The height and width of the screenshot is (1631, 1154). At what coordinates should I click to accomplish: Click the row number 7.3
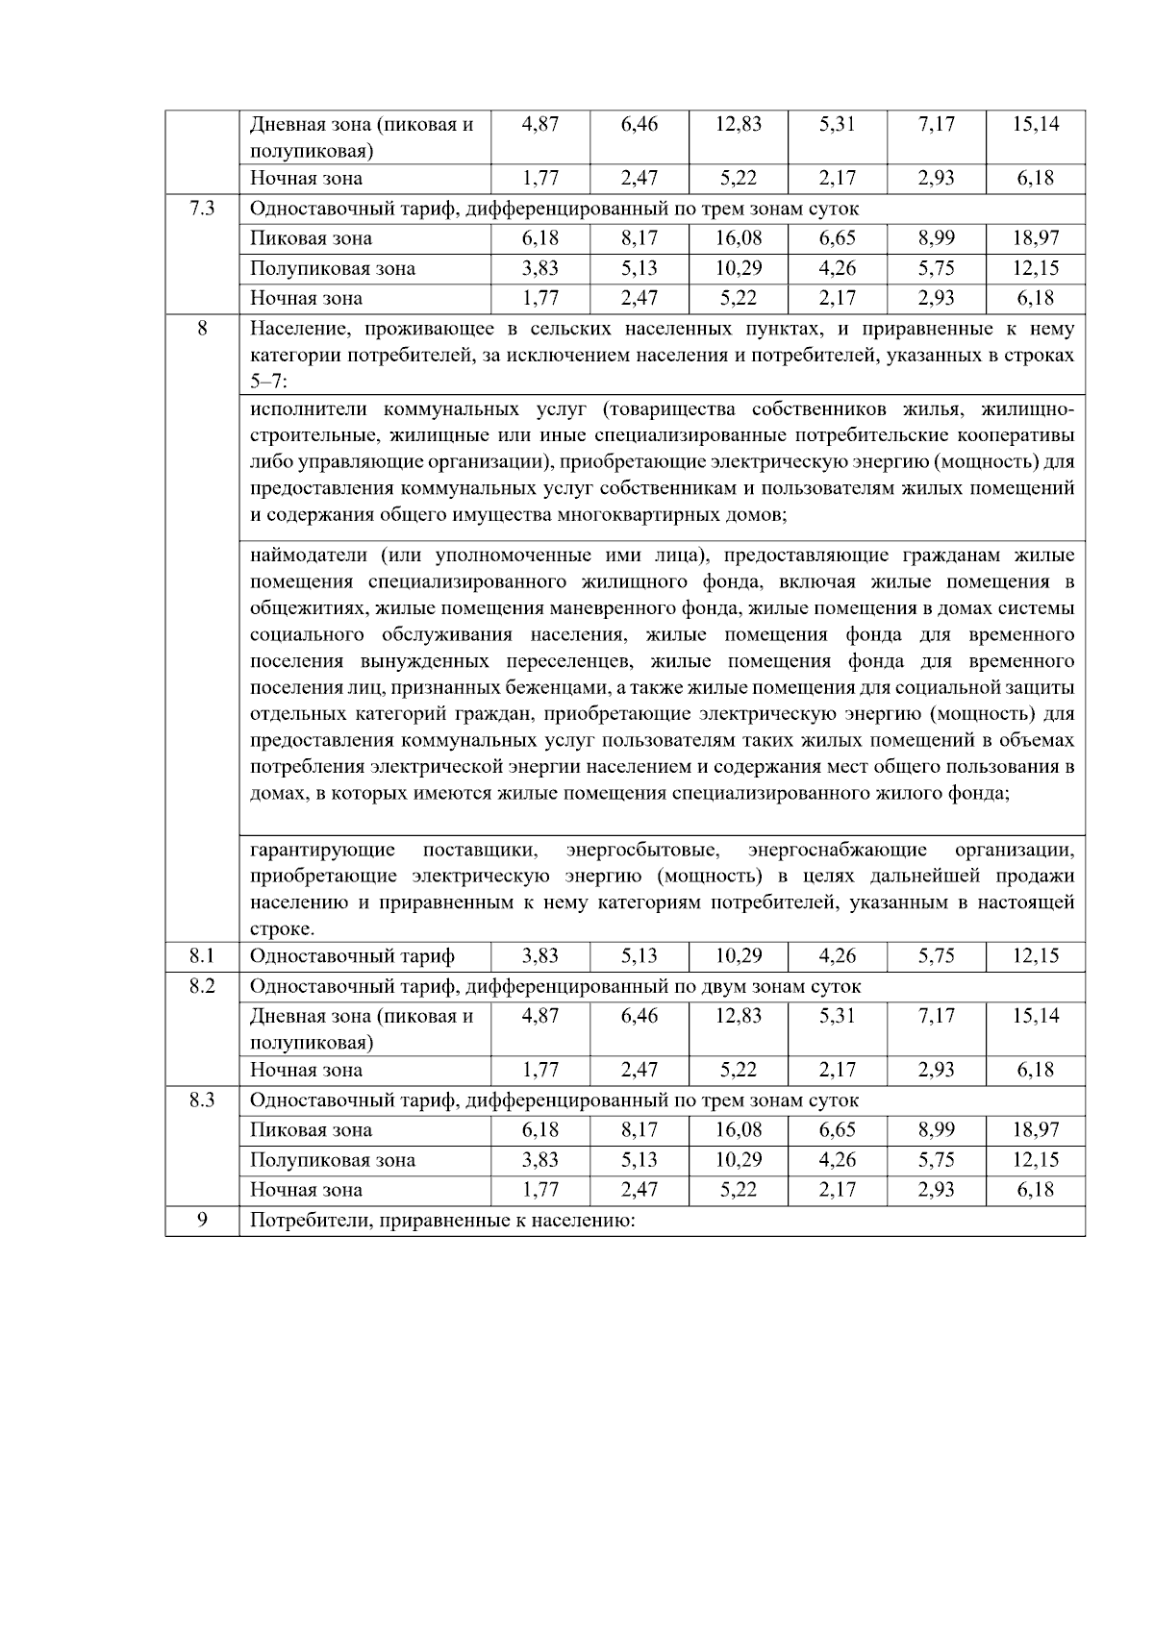click(202, 209)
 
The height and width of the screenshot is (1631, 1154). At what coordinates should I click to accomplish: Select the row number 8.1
click(202, 956)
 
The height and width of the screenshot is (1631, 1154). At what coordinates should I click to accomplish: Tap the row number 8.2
click(202, 986)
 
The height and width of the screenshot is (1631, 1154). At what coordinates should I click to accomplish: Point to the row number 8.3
click(202, 1100)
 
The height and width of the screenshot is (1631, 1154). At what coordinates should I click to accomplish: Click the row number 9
click(202, 1221)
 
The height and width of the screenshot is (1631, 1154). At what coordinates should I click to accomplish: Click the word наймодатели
click(309, 556)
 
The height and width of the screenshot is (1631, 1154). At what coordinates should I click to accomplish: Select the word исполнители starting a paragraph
click(309, 409)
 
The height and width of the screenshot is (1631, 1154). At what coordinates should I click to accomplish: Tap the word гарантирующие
click(322, 850)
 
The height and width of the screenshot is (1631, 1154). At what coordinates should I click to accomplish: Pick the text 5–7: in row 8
click(268, 382)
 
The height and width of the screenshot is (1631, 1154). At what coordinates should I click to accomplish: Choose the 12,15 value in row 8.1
click(1036, 956)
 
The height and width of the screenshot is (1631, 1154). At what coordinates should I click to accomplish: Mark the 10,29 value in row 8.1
click(738, 956)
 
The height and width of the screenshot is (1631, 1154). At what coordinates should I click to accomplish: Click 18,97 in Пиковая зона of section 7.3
click(1036, 238)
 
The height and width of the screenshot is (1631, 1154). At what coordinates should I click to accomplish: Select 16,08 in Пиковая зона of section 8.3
click(738, 1130)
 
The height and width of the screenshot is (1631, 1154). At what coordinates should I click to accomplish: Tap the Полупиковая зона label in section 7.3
click(333, 268)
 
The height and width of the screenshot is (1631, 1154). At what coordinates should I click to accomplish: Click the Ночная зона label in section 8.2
click(306, 1070)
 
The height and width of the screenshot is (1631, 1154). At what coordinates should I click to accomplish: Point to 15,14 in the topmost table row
click(1036, 124)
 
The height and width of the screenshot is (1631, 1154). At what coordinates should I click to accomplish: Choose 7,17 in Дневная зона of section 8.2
click(936, 1016)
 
